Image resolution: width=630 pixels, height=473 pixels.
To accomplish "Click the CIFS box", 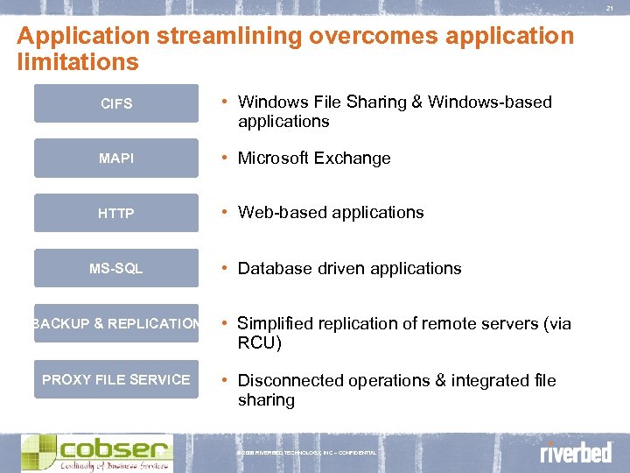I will pos(116,103).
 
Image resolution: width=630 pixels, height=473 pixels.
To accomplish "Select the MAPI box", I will pos(116,159).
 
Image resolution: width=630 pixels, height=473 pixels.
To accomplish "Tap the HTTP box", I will pos(116,213).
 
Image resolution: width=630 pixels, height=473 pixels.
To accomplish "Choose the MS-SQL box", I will pos(116,268).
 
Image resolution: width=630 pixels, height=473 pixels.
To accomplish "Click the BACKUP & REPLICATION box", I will pos(116,323).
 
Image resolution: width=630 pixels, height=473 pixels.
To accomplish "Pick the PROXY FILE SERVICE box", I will pos(116,379).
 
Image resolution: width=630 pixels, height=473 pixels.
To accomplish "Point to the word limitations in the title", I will pos(77,62).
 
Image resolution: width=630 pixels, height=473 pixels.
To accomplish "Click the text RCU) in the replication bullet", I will pos(260,343).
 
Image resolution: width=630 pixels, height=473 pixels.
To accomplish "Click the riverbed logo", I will pos(575,452).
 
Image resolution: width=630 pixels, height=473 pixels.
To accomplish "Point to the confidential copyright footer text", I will pos(306,453).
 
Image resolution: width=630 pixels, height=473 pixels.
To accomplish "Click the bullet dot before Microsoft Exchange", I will pos(226,159).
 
